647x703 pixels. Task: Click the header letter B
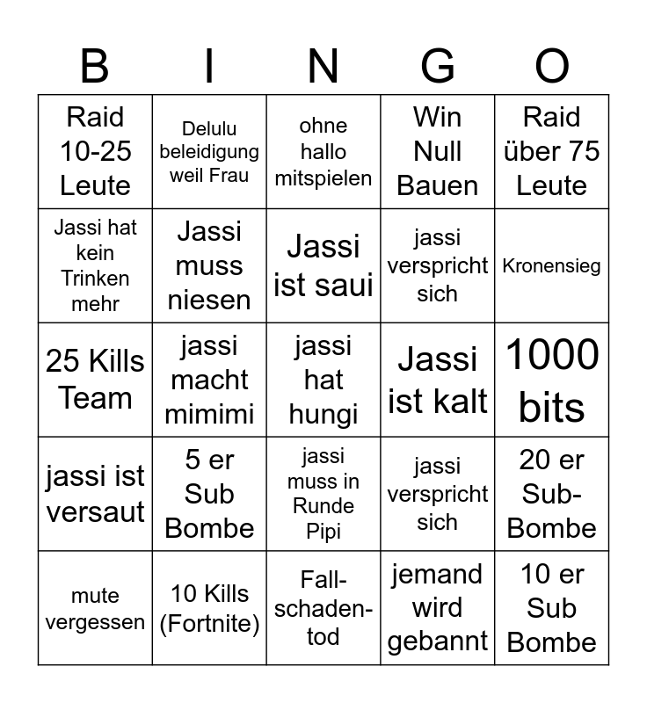[95, 67]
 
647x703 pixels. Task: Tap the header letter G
[438, 67]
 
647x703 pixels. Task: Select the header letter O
[552, 67]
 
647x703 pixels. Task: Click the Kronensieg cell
[552, 265]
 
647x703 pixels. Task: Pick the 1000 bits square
[552, 380]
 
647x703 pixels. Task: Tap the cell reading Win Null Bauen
[438, 151]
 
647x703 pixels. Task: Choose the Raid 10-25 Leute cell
[95, 151]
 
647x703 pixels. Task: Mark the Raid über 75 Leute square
[552, 151]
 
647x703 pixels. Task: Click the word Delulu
[209, 129]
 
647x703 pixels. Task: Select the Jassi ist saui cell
[323, 265]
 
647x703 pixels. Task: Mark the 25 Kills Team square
[95, 380]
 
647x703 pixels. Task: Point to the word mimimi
[209, 414]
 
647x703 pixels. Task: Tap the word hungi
[323, 414]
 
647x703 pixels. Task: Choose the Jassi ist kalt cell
[438, 380]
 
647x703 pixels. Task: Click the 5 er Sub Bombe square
[209, 494]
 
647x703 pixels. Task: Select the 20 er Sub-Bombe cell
[552, 494]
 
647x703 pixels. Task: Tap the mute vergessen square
[95, 608]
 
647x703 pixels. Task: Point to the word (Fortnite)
[209, 625]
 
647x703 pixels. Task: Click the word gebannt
[438, 641]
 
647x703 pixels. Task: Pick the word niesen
[209, 300]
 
